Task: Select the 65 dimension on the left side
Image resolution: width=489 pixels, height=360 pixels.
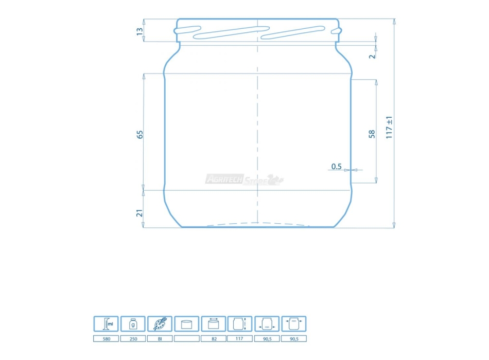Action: tap(139, 134)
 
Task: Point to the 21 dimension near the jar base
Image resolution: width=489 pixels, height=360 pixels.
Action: tap(139, 212)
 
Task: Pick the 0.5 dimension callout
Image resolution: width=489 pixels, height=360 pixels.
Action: tap(337, 166)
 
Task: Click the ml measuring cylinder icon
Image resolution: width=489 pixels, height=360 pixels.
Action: tap(106, 324)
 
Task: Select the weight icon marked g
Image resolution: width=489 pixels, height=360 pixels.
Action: tap(133, 324)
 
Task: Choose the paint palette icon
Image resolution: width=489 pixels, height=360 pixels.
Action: tap(160, 324)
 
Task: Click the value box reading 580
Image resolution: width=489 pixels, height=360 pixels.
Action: tap(106, 339)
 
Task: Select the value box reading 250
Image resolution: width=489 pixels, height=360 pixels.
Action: tap(133, 339)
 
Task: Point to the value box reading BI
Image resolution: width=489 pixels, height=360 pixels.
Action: tap(160, 339)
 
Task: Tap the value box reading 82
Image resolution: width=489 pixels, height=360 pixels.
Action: tap(213, 339)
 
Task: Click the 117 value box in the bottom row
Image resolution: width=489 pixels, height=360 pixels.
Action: tap(240, 339)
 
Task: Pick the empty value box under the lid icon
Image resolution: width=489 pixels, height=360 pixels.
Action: tap(186, 339)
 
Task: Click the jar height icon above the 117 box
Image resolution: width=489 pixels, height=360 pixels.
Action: tap(240, 324)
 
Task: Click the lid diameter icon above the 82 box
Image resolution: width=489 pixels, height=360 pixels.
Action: tap(213, 324)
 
